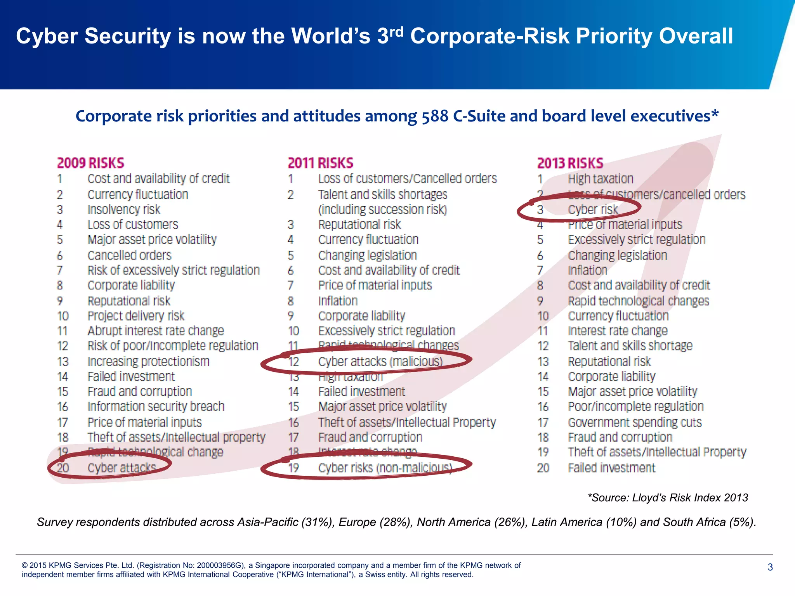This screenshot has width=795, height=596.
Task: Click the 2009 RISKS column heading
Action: (x=90, y=163)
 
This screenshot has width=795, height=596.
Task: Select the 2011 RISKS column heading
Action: (x=320, y=163)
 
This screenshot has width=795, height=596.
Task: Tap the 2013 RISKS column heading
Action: (x=570, y=163)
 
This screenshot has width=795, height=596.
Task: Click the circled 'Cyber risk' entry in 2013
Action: (x=593, y=210)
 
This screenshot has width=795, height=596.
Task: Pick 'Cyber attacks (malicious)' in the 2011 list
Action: (x=380, y=362)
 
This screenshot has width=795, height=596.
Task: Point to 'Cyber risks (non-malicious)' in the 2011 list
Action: (x=385, y=468)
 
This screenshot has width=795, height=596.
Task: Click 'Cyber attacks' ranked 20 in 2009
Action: (x=122, y=468)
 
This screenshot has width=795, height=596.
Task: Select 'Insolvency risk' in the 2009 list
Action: (x=123, y=210)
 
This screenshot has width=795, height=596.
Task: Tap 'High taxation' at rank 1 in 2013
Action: (x=600, y=179)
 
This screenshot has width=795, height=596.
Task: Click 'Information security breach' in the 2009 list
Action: (x=156, y=406)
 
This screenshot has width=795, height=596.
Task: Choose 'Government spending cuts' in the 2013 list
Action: (x=635, y=422)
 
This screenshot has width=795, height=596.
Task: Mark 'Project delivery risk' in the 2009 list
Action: (x=135, y=316)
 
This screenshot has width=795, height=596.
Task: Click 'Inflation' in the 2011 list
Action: (x=338, y=301)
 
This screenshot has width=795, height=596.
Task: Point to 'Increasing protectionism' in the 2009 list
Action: (x=148, y=362)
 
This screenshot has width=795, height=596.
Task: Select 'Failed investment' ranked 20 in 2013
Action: (x=611, y=468)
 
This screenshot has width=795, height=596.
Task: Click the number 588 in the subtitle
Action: (x=435, y=116)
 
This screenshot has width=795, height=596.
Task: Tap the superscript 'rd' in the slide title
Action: (x=396, y=31)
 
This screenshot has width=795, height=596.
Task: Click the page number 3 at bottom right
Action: (x=770, y=567)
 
